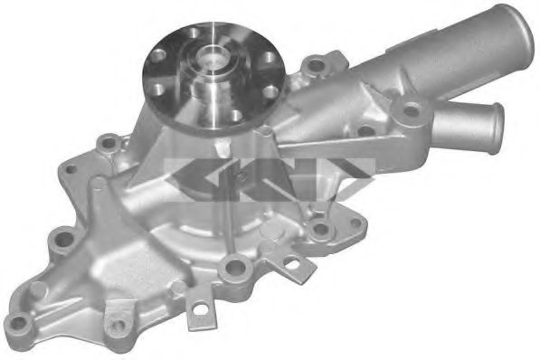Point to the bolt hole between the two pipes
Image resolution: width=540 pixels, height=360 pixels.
(x=412, y=111)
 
